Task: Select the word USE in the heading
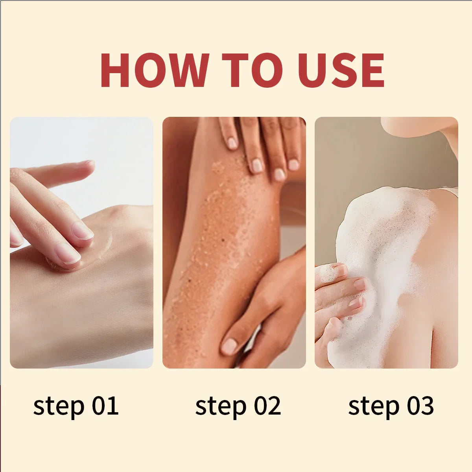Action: (341, 70)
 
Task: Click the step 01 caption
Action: (76, 406)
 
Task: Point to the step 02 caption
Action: (238, 406)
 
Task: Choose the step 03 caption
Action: (391, 406)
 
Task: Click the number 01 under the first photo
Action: (105, 406)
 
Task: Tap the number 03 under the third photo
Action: (420, 406)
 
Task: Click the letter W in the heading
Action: (185, 70)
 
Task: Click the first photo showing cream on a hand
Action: (81, 242)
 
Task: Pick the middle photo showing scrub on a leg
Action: (234, 242)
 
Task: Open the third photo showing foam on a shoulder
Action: (386, 242)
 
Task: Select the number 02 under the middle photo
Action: (267, 406)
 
